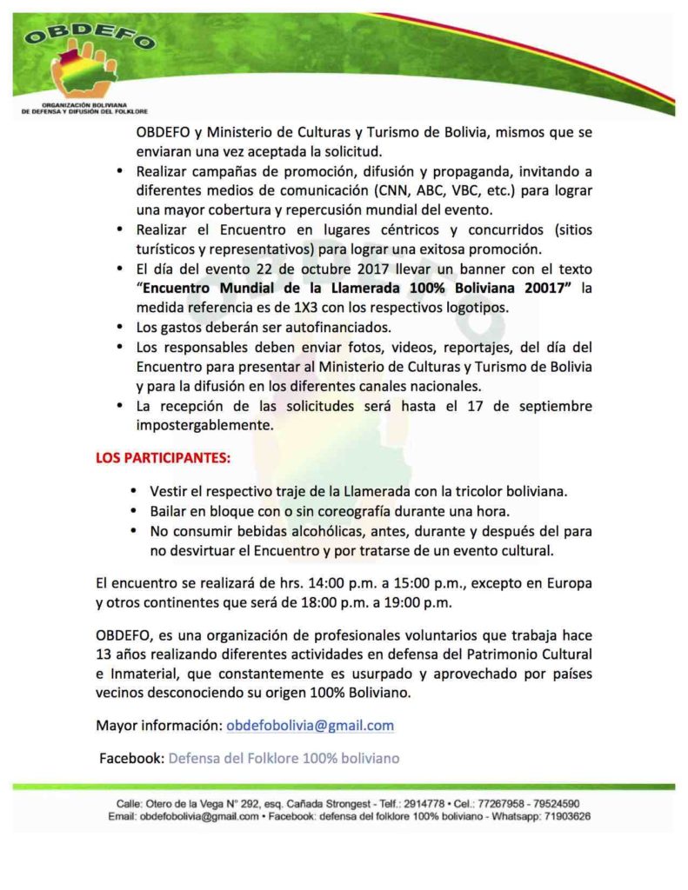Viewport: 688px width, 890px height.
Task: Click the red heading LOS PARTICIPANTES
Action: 163,456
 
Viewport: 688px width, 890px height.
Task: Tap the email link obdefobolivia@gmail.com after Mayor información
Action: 310,725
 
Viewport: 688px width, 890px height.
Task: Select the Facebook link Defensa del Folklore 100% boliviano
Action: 284,758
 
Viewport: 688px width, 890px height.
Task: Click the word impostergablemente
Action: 204,427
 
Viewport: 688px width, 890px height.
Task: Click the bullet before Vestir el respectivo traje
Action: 132,491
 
